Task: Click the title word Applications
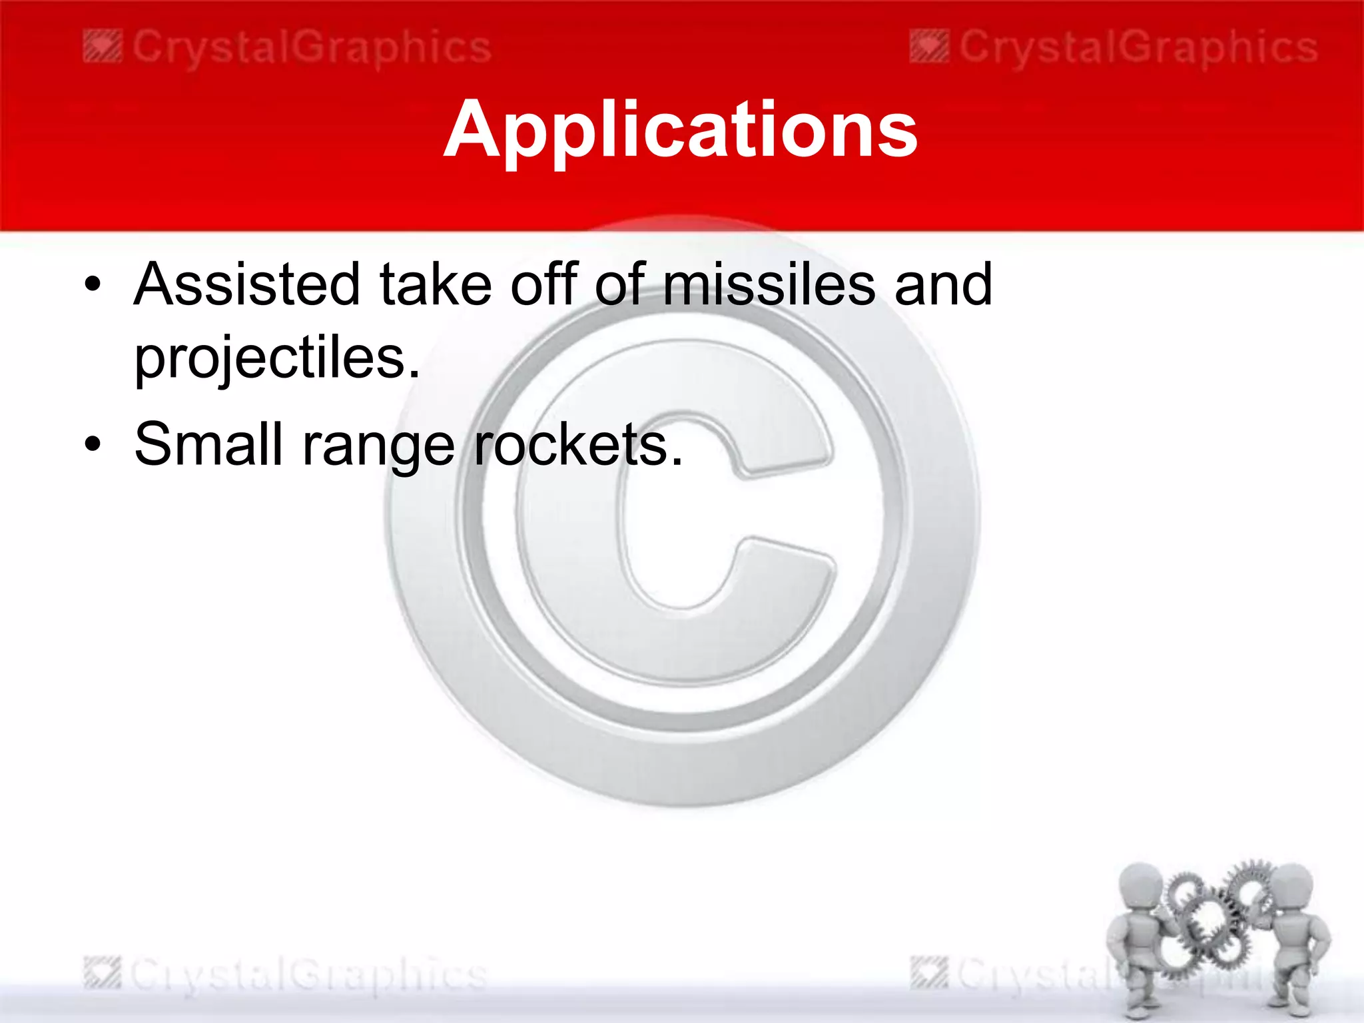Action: coord(681,130)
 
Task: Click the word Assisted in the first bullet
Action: coord(246,284)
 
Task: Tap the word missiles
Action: coord(769,284)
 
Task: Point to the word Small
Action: coord(209,444)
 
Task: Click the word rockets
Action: coord(577,444)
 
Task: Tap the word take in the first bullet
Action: coord(436,284)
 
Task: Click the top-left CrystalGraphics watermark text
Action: coord(312,49)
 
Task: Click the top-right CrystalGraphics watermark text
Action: coord(1138,49)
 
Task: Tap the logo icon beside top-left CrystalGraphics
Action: coord(103,49)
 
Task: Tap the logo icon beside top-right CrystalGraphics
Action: coord(929,49)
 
